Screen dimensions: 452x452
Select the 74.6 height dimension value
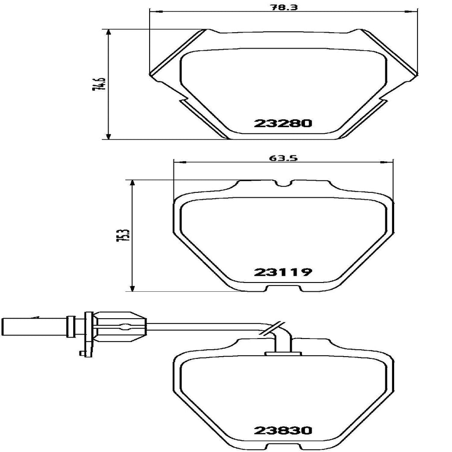[98, 83]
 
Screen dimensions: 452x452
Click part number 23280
[283, 123]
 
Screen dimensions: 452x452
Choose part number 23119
[283, 272]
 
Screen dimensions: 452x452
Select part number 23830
[283, 429]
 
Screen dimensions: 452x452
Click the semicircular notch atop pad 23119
[283, 183]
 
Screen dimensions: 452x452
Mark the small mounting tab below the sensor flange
[82, 352]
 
